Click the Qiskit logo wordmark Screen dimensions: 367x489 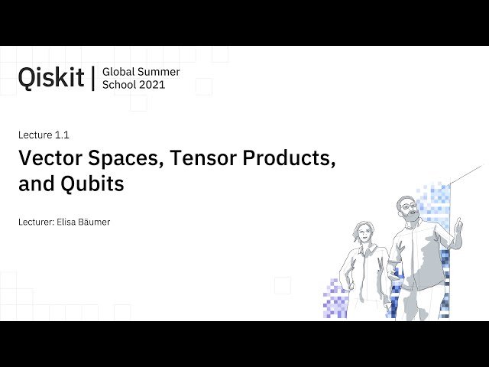(x=51, y=77)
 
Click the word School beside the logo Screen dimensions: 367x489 (x=120, y=85)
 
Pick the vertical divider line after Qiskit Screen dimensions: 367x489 (x=92, y=78)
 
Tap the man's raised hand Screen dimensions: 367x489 (x=458, y=226)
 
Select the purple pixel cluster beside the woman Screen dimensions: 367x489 (x=334, y=298)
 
